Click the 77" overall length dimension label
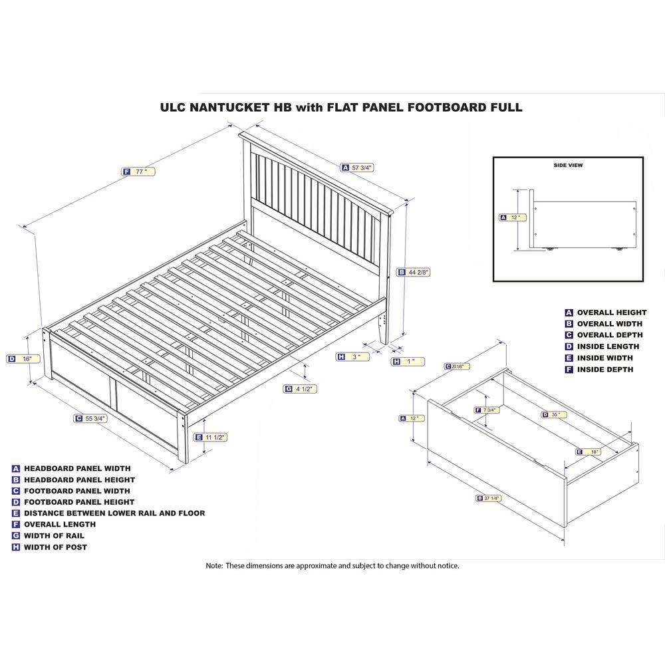[138, 172]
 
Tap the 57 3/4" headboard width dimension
[358, 168]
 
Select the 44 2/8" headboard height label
[414, 272]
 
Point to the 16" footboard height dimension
[23, 359]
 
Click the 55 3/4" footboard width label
[90, 418]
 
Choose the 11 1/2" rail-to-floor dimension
[210, 438]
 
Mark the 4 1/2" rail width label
[301, 389]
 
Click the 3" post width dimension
[353, 357]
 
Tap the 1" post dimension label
[408, 362]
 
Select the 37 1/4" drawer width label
[489, 498]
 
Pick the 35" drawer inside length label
[554, 414]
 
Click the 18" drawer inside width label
[588, 452]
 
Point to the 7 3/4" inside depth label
[487, 410]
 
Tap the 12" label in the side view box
[512, 217]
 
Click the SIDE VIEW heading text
[568, 166]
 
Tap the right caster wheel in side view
[618, 249]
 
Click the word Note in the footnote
[213, 566]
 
